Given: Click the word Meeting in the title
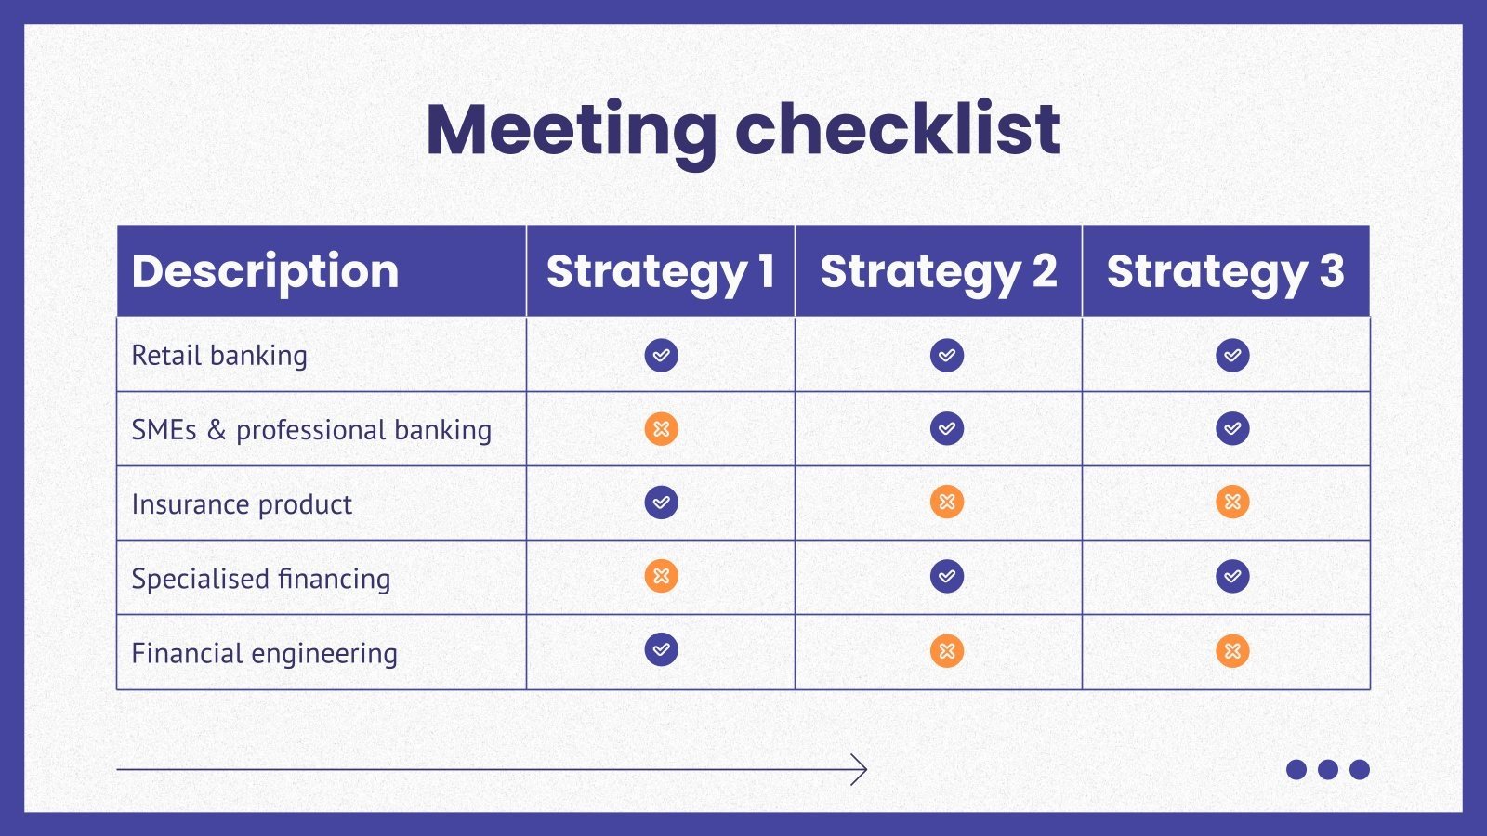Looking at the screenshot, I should coord(571,130).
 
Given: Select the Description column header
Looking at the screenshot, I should coord(265,271).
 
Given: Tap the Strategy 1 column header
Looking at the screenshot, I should coord(660,271).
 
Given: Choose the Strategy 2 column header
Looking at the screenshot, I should coord(938,271).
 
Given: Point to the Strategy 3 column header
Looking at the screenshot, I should coord(1225,271).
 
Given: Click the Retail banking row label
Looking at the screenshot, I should coord(219,355).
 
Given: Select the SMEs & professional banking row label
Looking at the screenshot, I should coord(311,429).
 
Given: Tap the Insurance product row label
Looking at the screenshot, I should coord(242,503).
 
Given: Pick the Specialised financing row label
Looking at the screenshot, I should coord(261,578).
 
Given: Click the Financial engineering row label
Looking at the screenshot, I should coord(264,652).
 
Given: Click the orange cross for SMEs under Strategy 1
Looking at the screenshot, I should coord(661,429).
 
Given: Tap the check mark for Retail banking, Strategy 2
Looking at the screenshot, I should coord(947,355).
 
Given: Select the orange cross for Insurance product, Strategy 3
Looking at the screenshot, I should coord(1232,503).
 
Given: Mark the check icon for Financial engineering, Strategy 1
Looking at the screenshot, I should coord(661,649).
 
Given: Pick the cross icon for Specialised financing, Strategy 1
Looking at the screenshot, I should coord(661,576).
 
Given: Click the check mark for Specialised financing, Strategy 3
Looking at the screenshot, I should coord(1232,576).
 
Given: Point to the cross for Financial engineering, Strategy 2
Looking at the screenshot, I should coord(947,651).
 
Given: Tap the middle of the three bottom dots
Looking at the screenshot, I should coord(1328,769).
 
